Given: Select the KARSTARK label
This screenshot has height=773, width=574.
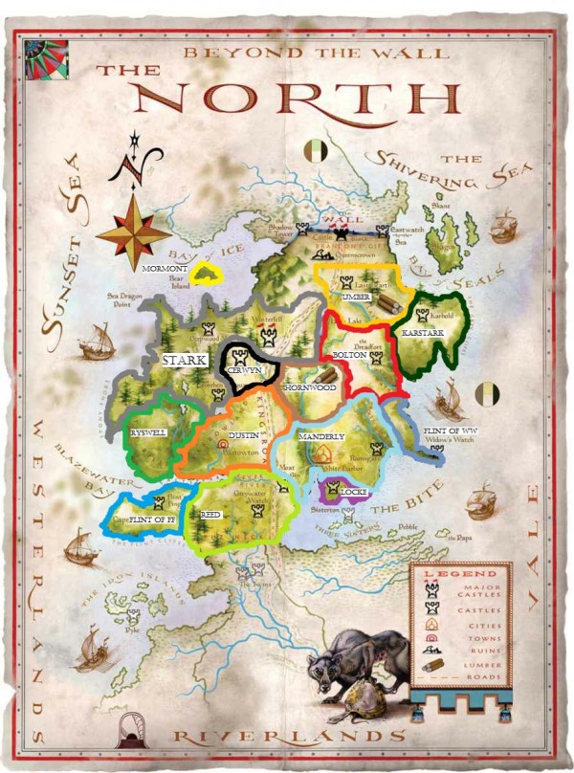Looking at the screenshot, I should point(422,332).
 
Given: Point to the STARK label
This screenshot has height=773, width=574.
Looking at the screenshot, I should point(184,361).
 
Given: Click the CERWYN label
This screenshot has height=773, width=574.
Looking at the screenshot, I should point(245,370).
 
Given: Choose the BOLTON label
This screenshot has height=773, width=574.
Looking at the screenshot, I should point(348,354).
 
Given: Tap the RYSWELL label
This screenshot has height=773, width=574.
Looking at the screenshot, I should point(148,433).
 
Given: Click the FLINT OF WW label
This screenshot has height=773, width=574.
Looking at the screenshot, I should point(450,431).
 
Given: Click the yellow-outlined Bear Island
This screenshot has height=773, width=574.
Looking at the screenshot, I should point(205,275).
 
